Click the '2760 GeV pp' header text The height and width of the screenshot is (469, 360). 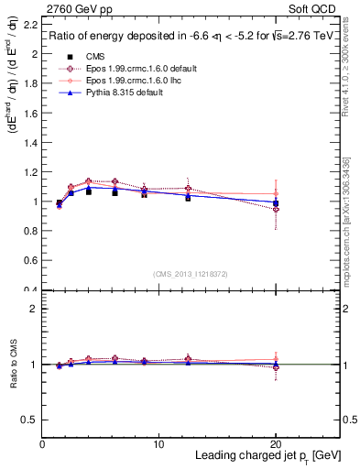pos(73,9)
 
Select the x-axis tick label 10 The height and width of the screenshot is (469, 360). pos(158,443)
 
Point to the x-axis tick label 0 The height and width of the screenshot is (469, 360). pos(42,443)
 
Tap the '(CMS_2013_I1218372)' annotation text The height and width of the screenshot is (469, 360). pos(191,274)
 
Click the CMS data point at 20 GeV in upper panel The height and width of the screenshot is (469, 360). pos(276,203)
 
